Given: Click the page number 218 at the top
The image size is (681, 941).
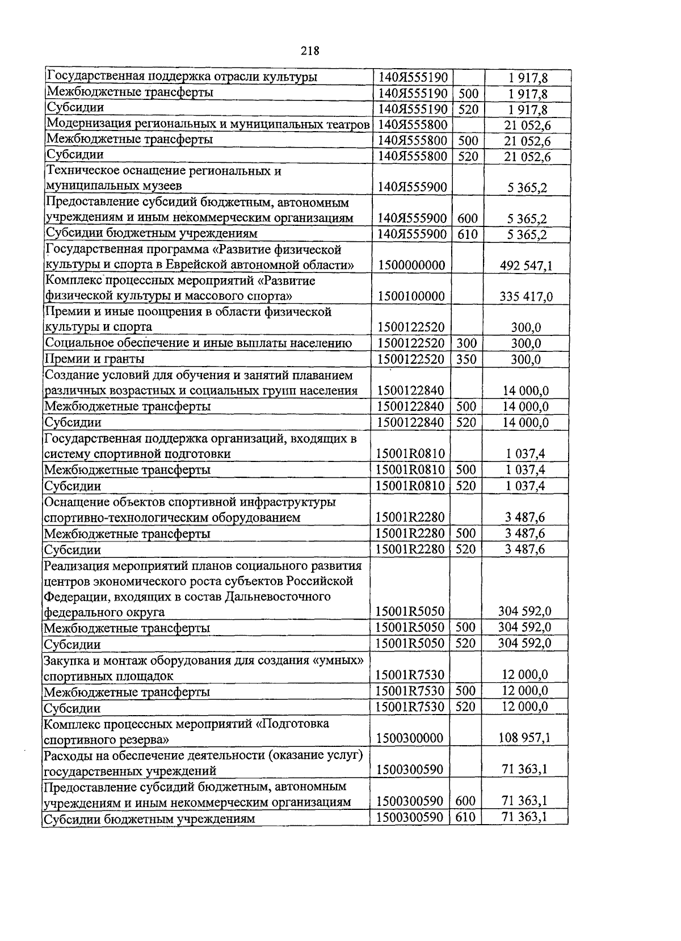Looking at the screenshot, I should tap(310, 51).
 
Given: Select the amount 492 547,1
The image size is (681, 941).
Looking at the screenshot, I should tap(526, 265).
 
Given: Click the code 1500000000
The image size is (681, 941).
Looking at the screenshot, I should tap(411, 265).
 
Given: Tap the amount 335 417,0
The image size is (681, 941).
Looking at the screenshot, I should tap(526, 296).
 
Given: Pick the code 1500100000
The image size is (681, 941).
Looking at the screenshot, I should tap(411, 296).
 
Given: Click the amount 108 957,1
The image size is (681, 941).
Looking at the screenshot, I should tap(524, 738).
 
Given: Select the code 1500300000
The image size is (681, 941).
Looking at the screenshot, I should tap(410, 738).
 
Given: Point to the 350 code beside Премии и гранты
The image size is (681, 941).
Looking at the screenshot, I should tap(466, 359).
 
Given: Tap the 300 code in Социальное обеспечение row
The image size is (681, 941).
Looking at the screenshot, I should tap(466, 343).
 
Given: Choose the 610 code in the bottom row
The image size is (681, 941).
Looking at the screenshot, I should tap(465, 817).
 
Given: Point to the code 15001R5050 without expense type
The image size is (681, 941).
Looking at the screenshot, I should tap(410, 611).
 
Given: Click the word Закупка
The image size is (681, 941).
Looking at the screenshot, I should tap(65, 660).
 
